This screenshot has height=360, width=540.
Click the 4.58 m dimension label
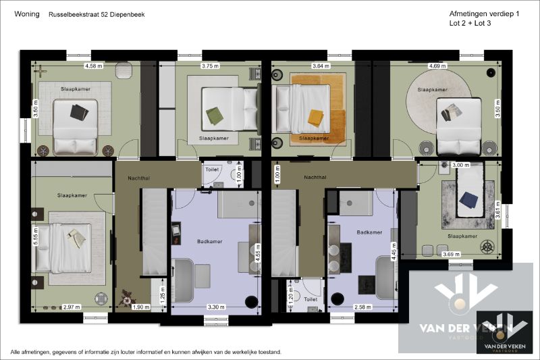92,66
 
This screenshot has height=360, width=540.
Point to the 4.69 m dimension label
437,66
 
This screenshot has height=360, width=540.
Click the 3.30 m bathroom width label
215,307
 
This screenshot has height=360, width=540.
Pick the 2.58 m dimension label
363,307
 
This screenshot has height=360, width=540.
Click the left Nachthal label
139,178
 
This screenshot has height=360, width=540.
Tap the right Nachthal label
315,178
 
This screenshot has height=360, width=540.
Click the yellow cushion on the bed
315,118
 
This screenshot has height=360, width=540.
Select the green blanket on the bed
214,115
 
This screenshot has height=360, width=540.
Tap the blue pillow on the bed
468,199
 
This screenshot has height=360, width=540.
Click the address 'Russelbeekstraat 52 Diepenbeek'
96,14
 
